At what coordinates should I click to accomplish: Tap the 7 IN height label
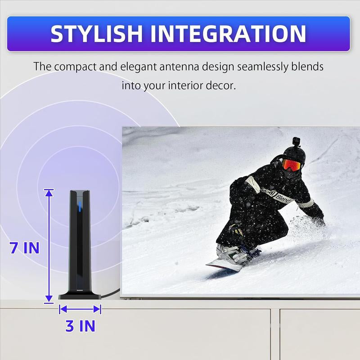point(25,248)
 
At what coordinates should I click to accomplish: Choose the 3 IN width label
point(81,326)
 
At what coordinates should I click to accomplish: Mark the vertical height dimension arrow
point(49,245)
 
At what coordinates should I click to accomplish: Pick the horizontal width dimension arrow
point(80,309)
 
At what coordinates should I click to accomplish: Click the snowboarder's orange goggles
point(291,165)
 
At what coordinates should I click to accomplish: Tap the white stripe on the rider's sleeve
point(306,203)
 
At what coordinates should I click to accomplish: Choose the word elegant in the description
point(136,67)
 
